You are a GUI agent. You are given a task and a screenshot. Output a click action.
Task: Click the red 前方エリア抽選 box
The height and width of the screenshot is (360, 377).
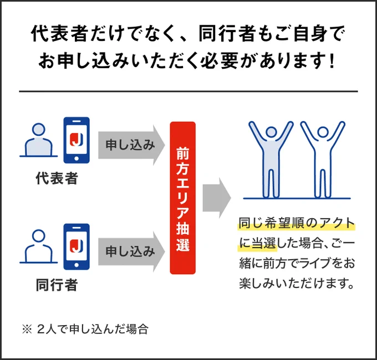pyautogui.click(x=183, y=198)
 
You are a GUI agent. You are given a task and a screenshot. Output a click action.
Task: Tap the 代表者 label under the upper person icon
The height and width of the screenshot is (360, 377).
pyautogui.click(x=57, y=178)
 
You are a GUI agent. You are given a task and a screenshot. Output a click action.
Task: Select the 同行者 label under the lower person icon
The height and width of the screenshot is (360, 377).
pyautogui.click(x=57, y=285)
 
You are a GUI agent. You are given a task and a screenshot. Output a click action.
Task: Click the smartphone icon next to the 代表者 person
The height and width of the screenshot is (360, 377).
pyautogui.click(x=77, y=140)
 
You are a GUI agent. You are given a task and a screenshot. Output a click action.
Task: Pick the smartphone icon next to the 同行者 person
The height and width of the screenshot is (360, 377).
pyautogui.click(x=77, y=246)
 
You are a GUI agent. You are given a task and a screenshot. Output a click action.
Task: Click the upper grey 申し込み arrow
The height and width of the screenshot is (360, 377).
pyautogui.click(x=131, y=145)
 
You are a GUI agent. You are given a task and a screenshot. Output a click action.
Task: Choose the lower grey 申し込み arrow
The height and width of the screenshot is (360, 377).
pyautogui.click(x=131, y=251)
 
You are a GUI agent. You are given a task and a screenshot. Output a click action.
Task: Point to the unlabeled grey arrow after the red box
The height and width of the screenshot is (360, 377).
pyautogui.click(x=217, y=198)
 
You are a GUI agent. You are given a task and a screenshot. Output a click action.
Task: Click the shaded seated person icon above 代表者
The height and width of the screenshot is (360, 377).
pyautogui.click(x=38, y=140)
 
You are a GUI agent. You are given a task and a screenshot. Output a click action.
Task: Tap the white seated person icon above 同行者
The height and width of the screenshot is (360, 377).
pyautogui.click(x=38, y=246)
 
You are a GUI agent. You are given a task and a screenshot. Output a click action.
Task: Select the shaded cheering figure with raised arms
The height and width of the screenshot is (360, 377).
pyautogui.click(x=271, y=160)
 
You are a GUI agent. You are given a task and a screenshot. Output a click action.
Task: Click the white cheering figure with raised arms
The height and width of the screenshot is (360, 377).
pyautogui.click(x=323, y=160)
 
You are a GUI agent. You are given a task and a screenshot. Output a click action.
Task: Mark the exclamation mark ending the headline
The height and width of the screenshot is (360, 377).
pyautogui.click(x=332, y=60)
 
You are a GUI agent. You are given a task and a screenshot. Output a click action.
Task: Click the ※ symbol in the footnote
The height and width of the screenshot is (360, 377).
pyautogui.click(x=27, y=329)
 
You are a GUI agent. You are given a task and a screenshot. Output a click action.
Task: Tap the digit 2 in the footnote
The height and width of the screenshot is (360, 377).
pyautogui.click(x=41, y=329)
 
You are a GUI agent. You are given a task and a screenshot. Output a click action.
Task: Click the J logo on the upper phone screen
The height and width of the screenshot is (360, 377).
pyautogui.click(x=77, y=140)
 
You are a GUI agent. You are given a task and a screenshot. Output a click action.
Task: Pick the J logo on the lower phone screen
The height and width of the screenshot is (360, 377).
pyautogui.click(x=77, y=246)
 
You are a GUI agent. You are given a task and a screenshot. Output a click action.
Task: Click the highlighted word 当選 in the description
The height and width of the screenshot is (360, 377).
pyautogui.click(x=264, y=244)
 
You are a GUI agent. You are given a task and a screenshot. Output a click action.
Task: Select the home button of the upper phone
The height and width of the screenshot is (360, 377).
pyautogui.click(x=77, y=158)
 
